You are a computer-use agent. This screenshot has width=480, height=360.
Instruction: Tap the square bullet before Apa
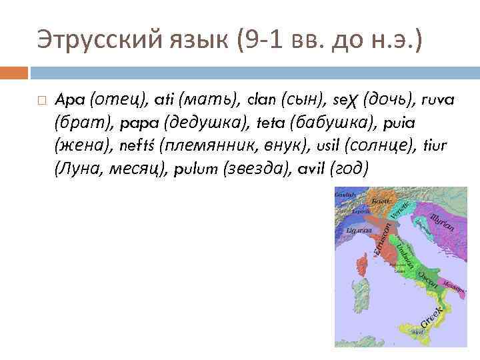point(42,100)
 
